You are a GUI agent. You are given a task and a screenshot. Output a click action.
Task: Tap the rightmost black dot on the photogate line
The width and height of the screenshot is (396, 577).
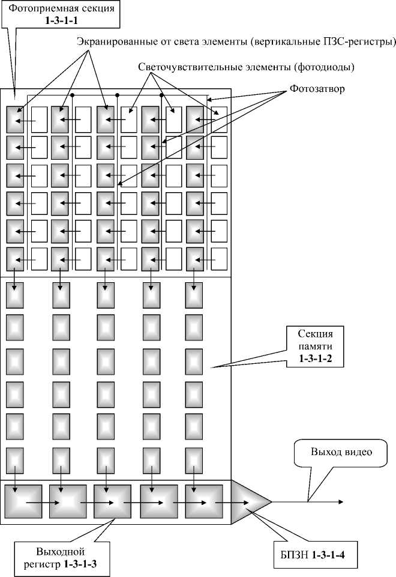point(161,95)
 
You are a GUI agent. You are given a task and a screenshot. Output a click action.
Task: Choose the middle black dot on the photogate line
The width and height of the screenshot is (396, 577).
point(118,95)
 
